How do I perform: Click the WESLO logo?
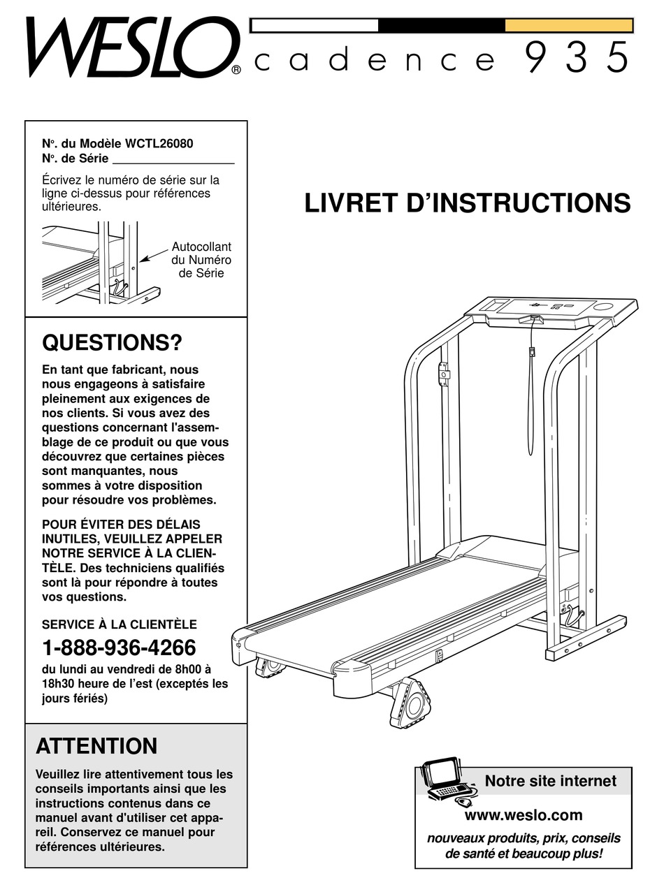(129, 47)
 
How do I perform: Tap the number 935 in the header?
(576, 58)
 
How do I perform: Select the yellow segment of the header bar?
(568, 26)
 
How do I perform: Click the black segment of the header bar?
(441, 26)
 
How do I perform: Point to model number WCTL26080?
(159, 143)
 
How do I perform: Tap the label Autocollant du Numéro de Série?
(201, 260)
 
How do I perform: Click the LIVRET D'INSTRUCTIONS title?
(467, 203)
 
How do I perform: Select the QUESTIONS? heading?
(112, 343)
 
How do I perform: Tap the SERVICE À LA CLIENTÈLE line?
(120, 624)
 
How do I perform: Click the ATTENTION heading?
(96, 746)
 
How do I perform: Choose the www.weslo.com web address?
(523, 815)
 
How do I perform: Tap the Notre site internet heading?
(550, 781)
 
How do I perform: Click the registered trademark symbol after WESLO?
(236, 69)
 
